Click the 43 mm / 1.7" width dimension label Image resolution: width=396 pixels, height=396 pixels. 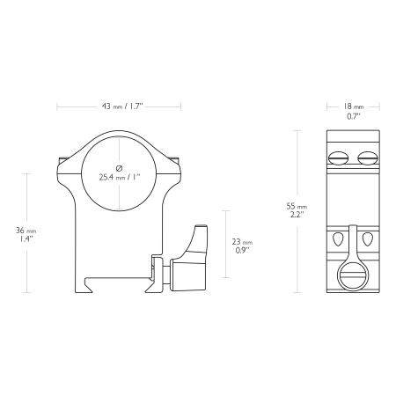click(x=122, y=106)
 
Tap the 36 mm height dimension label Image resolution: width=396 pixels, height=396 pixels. click(x=26, y=231)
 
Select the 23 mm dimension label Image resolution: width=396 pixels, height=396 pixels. click(x=242, y=242)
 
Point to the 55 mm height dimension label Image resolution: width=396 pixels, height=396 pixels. click(x=297, y=206)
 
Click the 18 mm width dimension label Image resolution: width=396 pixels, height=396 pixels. click(x=354, y=106)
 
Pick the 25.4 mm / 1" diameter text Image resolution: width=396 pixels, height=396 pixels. click(x=120, y=177)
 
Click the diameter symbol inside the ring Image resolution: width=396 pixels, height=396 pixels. click(x=120, y=168)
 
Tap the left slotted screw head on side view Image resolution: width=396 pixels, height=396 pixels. click(x=339, y=158)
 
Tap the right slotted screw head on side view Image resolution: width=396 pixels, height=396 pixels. click(x=367, y=158)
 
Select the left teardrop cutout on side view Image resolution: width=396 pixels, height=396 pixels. click(x=338, y=239)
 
